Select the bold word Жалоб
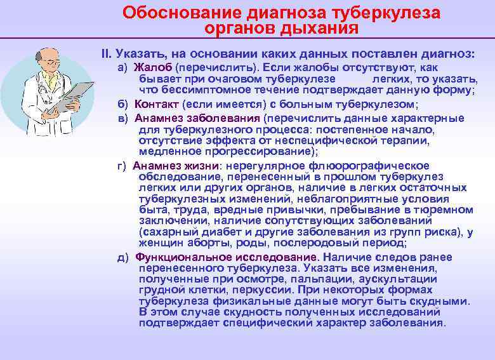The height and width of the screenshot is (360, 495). click(x=152, y=67)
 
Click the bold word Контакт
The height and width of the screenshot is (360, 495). click(x=156, y=103)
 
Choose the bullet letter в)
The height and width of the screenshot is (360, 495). click(x=124, y=118)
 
